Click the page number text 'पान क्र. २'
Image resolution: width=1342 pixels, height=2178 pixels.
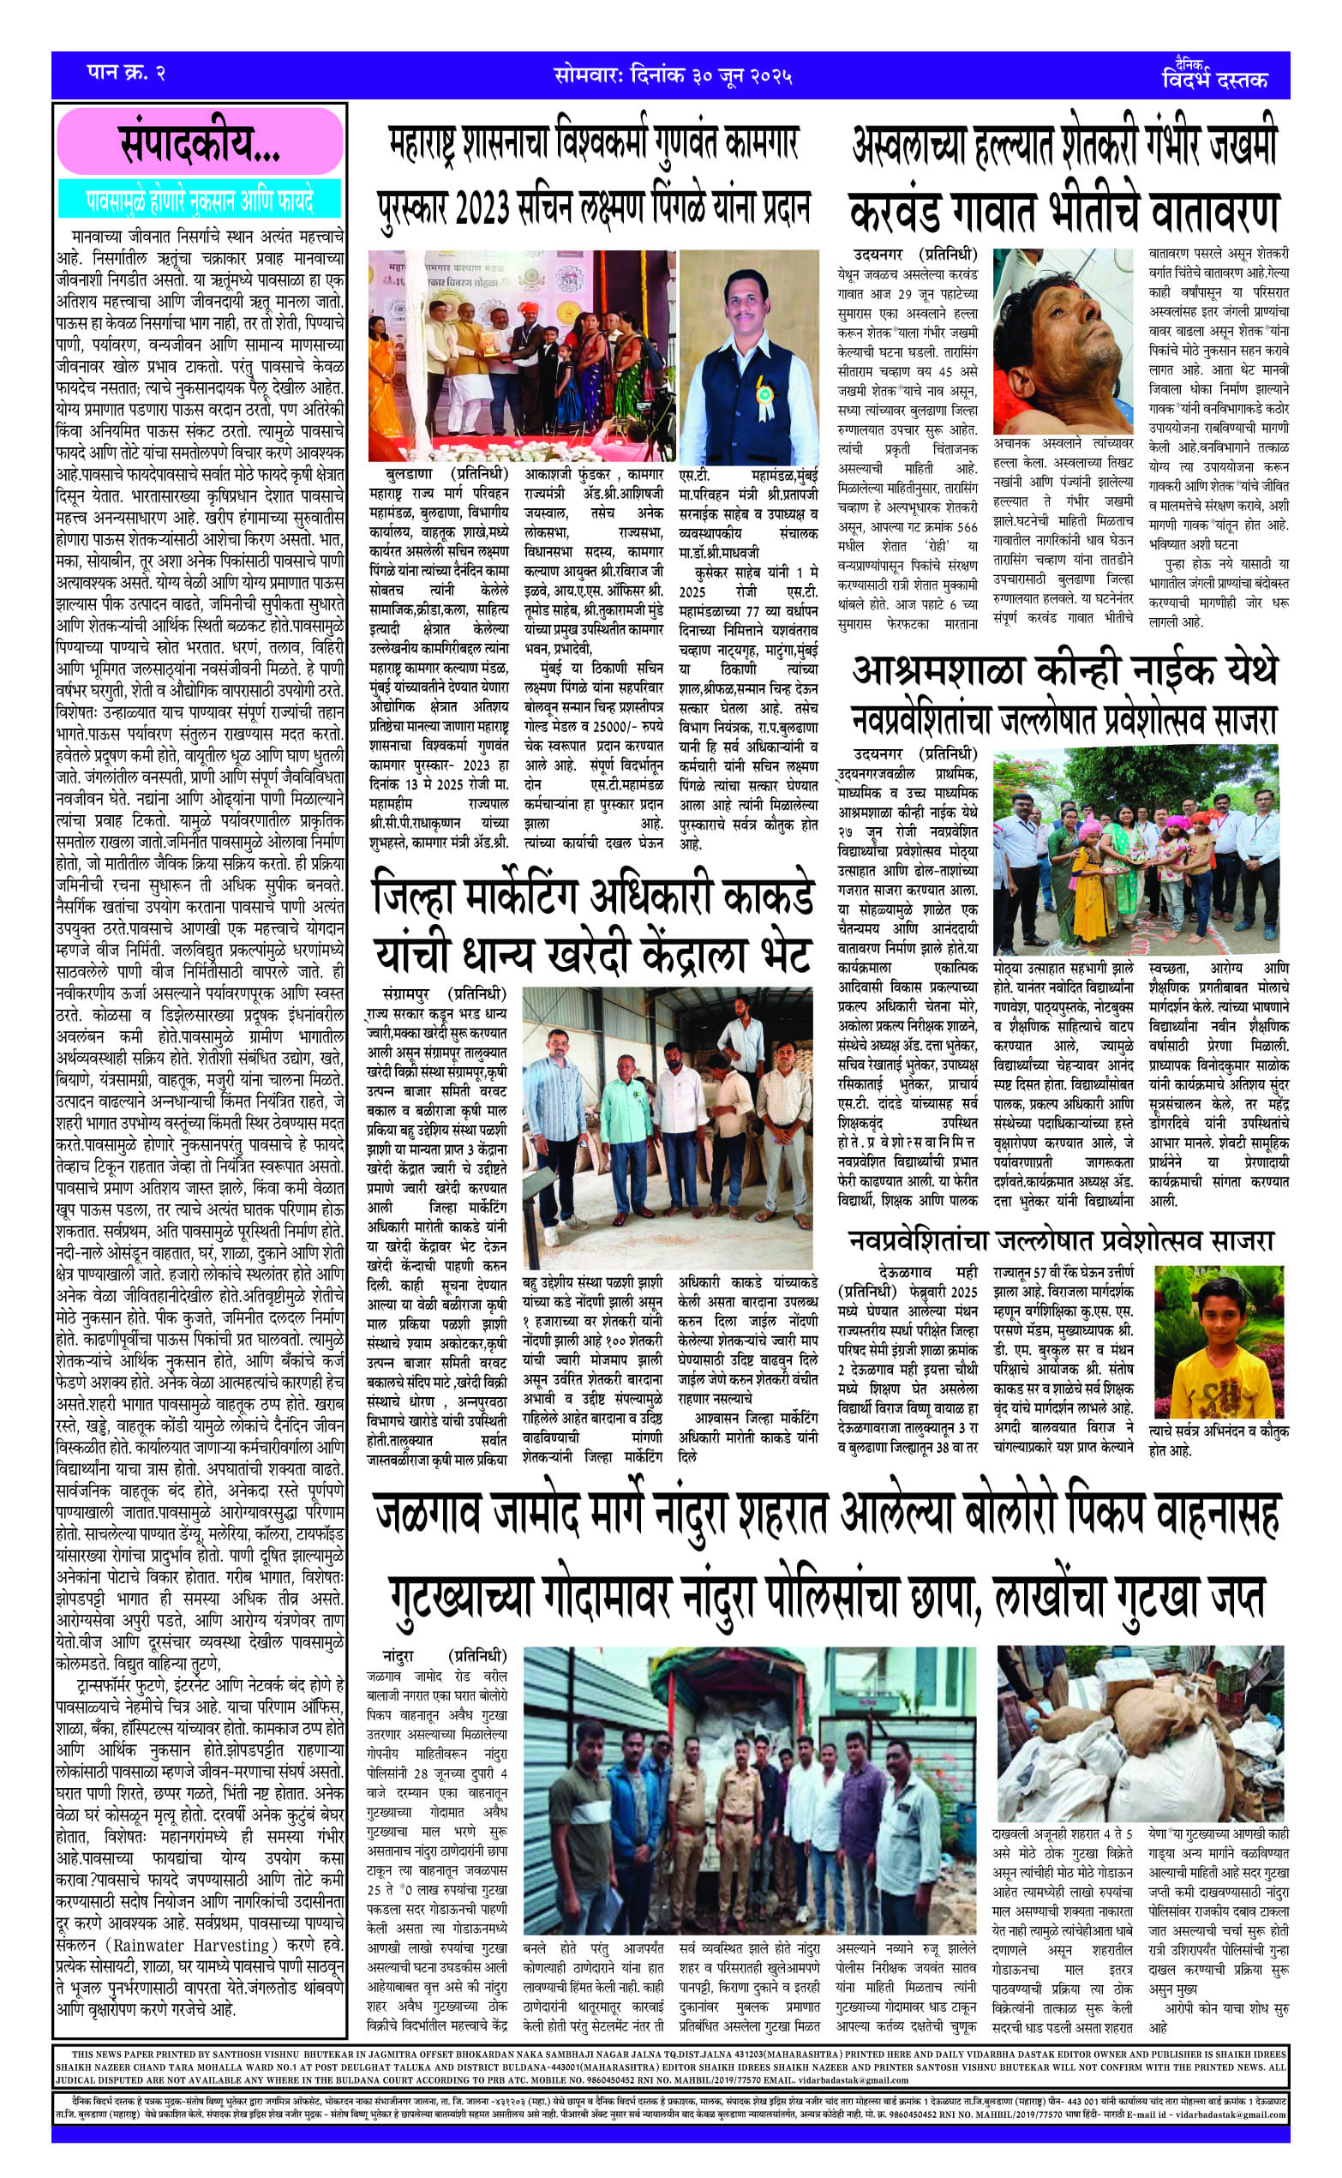point(125,73)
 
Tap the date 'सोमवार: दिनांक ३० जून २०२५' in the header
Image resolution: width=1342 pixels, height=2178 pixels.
point(672,75)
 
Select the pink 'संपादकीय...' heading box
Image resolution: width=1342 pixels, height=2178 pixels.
point(200,144)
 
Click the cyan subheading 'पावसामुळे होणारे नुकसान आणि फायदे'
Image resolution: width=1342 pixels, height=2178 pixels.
point(200,201)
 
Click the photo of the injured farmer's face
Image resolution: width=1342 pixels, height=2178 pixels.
point(1063,340)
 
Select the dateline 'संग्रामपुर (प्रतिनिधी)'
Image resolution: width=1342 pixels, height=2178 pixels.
point(443,993)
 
